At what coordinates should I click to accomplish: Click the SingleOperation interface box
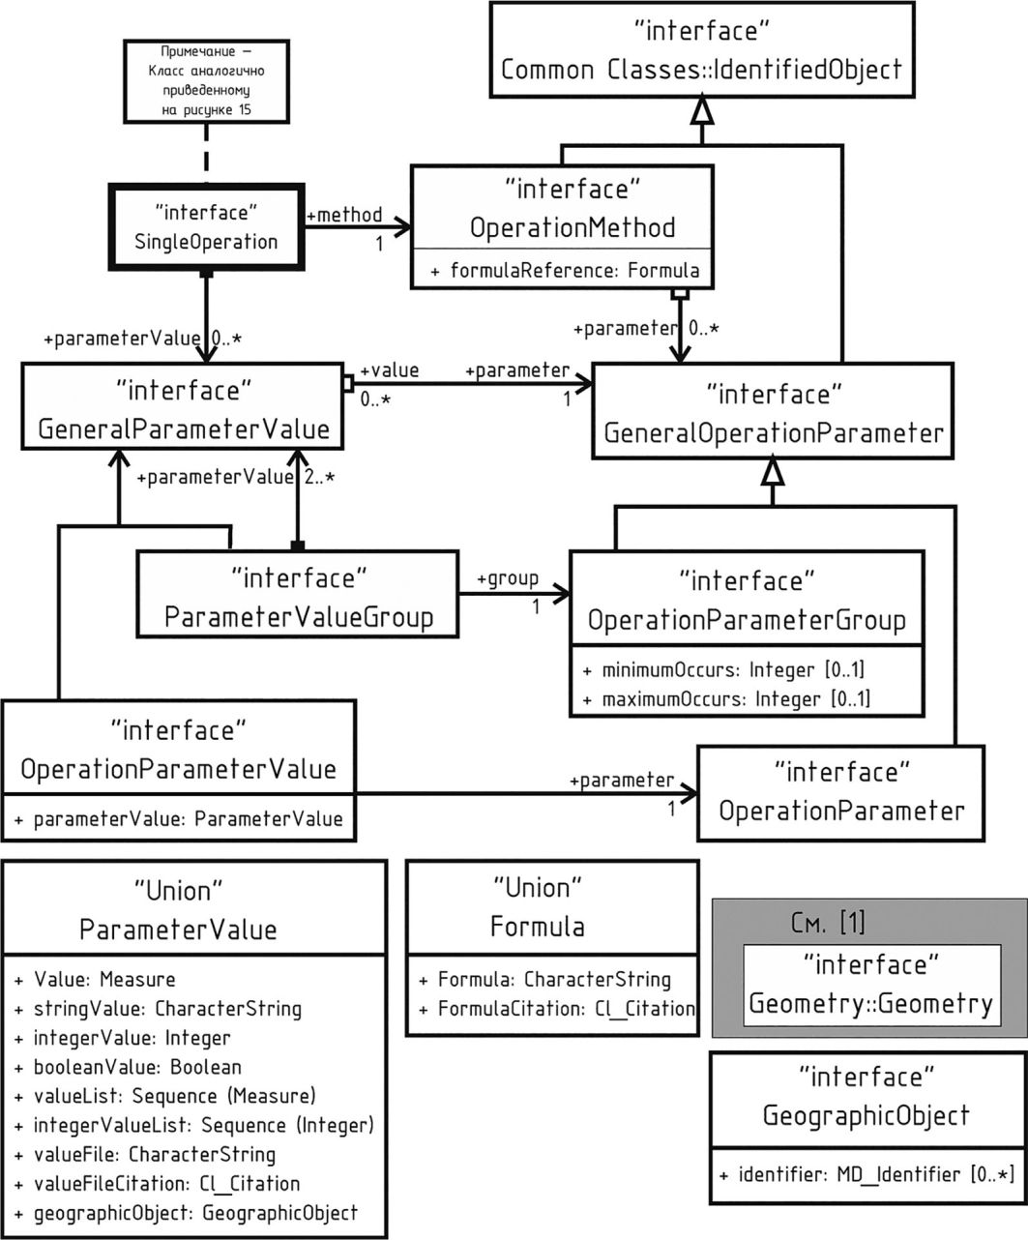[208, 226]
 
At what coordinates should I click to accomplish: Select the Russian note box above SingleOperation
[208, 80]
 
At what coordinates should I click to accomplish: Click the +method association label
[344, 214]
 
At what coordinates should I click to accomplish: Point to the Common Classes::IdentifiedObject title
[702, 69]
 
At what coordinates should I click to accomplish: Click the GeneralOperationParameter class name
[774, 432]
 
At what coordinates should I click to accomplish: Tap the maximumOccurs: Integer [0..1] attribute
[726, 697]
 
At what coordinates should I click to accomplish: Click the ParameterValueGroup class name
[299, 617]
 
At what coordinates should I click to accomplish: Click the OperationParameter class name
[841, 810]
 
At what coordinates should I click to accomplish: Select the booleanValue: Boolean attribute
[128, 1067]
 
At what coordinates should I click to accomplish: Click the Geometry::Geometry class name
[870, 1003]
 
